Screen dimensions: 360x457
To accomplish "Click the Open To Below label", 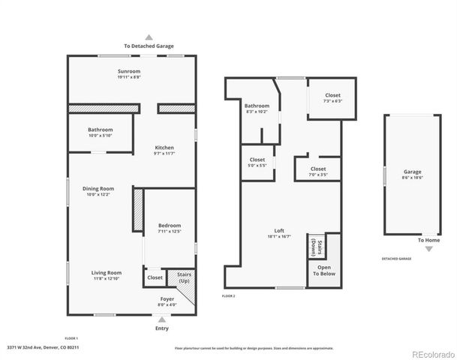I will [324, 271].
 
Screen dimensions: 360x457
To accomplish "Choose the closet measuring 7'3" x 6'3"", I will [332, 99].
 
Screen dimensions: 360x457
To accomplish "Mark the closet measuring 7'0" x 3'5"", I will [318, 172].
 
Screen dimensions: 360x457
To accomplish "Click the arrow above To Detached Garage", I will [149, 37].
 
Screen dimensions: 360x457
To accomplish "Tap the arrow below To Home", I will [428, 248].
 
